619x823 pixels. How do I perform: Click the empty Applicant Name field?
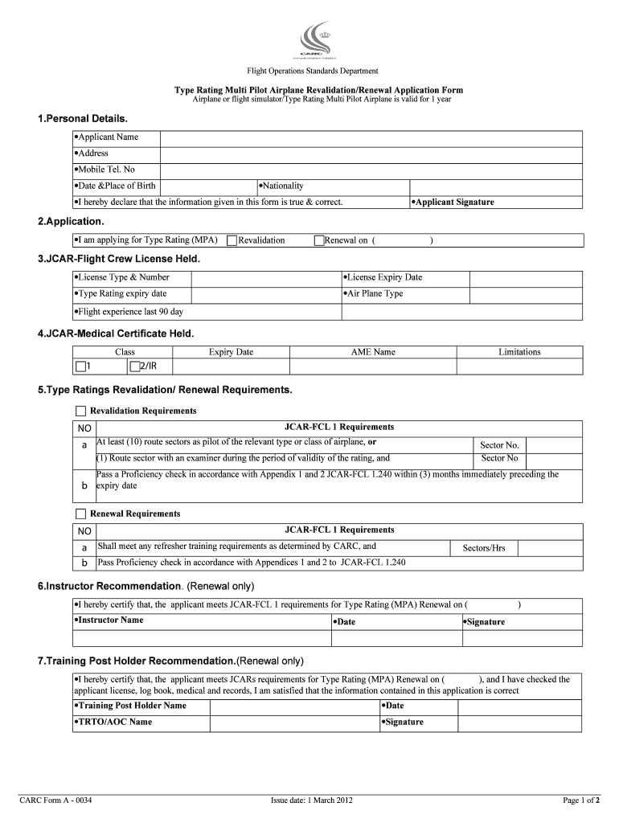tap(371, 137)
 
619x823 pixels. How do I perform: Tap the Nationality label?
tap(281, 186)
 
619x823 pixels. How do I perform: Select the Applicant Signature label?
tap(453, 203)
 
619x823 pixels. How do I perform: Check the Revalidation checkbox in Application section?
tap(232, 240)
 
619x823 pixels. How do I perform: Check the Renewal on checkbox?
tap(318, 240)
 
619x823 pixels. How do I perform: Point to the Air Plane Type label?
tap(374, 293)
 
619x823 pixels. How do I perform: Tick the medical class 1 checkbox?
tap(80, 367)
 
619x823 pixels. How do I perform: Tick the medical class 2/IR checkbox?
tap(134, 367)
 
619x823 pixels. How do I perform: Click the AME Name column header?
tap(373, 352)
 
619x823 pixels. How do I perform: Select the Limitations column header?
tap(519, 352)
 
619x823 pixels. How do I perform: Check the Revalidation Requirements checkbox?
tap(80, 411)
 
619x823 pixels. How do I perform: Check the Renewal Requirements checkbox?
tap(80, 514)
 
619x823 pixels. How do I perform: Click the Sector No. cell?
tap(499, 445)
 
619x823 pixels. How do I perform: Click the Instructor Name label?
tap(109, 620)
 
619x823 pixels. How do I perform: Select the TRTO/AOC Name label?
tap(113, 722)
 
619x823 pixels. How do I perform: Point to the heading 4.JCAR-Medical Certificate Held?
tap(116, 333)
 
